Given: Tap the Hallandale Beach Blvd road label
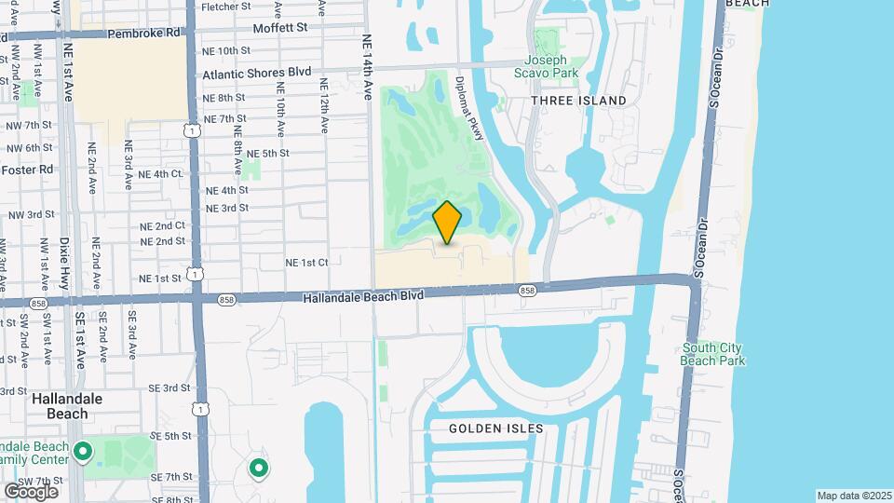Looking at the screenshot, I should [364, 295].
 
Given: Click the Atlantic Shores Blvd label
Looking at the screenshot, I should [256, 72].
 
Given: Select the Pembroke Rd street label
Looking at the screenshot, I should [144, 33].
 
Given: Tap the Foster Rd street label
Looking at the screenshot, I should [27, 170].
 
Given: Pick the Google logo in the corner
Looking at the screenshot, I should [31, 491].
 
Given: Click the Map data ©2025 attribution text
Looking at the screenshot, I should [854, 496].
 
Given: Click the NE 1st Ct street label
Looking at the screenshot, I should [307, 263].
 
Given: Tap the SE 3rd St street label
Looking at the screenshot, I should [169, 387].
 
